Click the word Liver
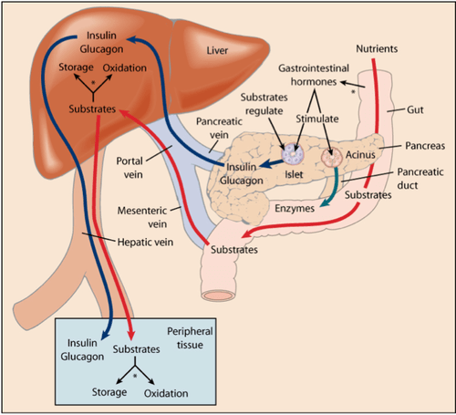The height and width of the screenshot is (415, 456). [217, 50]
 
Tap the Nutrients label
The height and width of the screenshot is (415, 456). [377, 48]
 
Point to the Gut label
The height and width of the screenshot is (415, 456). [415, 109]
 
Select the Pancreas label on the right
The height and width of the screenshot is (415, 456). [425, 146]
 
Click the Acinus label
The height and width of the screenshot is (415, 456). [360, 155]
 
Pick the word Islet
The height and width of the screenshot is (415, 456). [294, 174]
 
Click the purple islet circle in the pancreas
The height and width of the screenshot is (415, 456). [293, 153]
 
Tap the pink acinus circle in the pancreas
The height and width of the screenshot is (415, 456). [332, 158]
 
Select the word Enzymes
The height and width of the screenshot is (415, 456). [295, 209]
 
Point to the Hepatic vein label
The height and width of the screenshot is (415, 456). [145, 243]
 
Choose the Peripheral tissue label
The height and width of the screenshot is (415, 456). [190, 337]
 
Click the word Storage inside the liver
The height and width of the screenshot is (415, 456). [76, 67]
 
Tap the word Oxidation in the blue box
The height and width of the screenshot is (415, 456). [166, 393]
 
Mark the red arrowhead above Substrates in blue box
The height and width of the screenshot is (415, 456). [131, 335]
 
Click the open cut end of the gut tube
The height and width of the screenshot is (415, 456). [219, 296]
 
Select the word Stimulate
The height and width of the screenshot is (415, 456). [317, 119]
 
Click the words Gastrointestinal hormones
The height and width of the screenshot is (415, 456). [314, 75]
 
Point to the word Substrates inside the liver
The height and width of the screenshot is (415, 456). [92, 109]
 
